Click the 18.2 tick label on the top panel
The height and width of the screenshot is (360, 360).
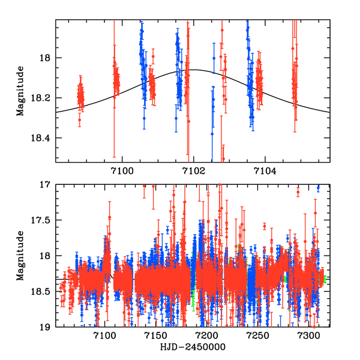coord(43,98)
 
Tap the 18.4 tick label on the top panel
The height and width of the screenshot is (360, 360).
coord(43,138)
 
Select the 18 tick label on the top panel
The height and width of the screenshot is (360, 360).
coord(48,58)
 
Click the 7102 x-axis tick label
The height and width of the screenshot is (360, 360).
coord(193,172)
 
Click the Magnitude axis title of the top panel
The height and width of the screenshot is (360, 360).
coord(21,90)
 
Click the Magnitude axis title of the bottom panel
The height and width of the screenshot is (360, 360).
coord(21,256)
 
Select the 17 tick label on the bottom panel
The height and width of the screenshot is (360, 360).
coord(48,185)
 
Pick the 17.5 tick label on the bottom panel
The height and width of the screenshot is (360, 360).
coord(43,220)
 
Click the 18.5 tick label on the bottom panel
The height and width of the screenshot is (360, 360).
coord(43,292)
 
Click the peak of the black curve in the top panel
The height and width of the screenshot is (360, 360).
coord(193,70)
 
